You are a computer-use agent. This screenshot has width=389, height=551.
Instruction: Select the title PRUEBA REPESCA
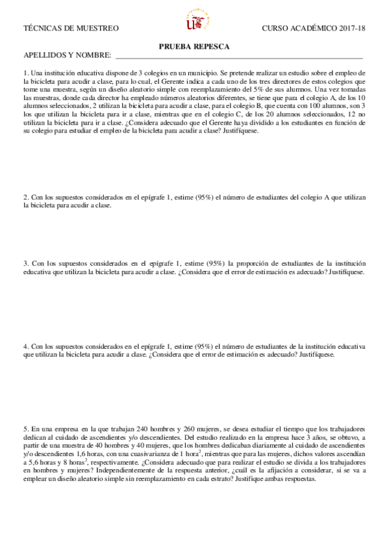[x=194, y=46]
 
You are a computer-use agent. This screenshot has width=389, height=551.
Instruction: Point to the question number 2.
[x=25, y=197]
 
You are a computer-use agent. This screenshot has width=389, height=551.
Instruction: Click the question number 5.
[x=25, y=430]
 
